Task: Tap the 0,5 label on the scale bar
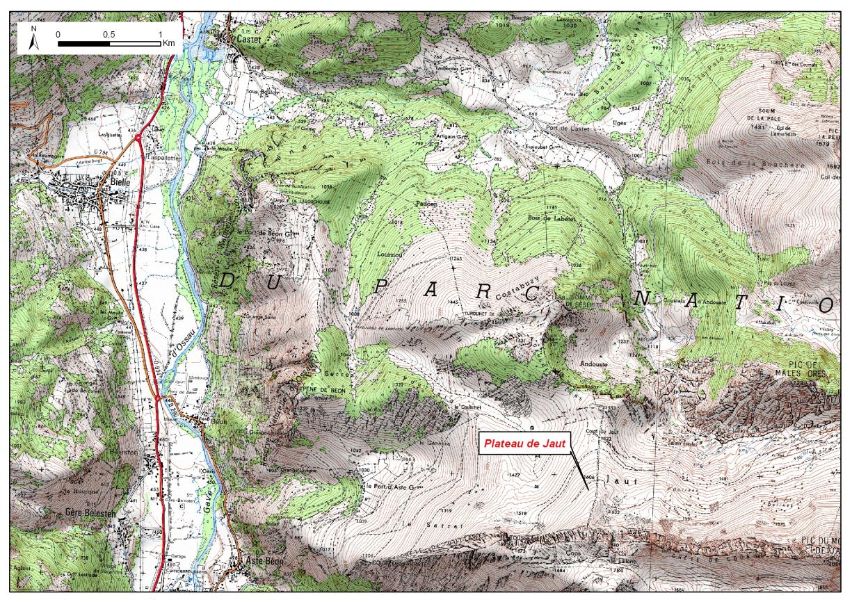[108, 33]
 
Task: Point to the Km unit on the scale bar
[169, 43]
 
